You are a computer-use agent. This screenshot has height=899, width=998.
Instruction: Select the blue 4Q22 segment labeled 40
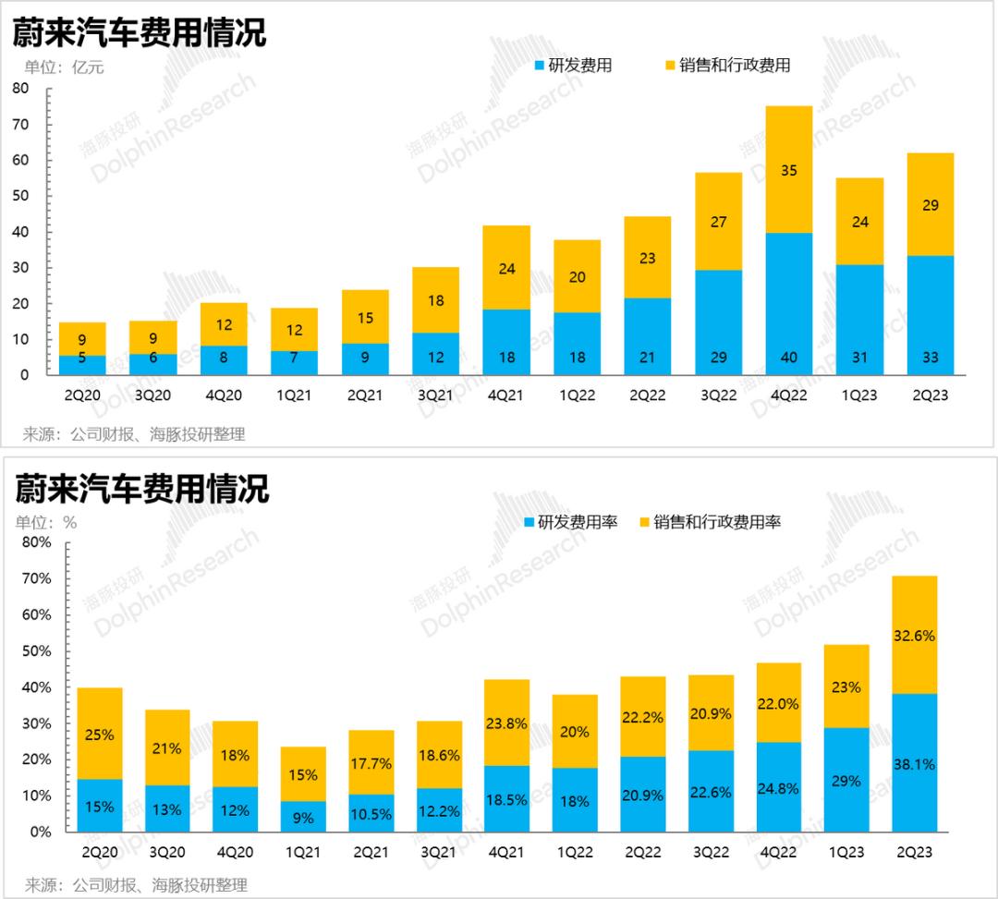[789, 304]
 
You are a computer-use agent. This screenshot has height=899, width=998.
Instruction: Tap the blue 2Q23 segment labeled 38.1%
[914, 763]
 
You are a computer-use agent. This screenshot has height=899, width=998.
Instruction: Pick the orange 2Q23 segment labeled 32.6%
[914, 635]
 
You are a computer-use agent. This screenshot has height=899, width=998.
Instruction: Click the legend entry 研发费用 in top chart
[573, 66]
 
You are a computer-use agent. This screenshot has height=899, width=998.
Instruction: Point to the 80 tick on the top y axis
[21, 89]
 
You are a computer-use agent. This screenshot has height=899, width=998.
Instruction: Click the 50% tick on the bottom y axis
[37, 651]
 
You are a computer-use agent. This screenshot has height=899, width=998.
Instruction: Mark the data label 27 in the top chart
[719, 222]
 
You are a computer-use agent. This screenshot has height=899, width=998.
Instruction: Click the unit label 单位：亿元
[64, 67]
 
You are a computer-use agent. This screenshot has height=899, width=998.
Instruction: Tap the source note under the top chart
[134, 434]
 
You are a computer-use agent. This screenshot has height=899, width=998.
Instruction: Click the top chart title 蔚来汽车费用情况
[139, 33]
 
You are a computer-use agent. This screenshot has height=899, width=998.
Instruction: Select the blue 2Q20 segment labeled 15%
[99, 806]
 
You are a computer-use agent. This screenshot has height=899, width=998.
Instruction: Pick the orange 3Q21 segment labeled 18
[434, 299]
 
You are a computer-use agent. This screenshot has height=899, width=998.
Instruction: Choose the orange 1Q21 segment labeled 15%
[303, 774]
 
